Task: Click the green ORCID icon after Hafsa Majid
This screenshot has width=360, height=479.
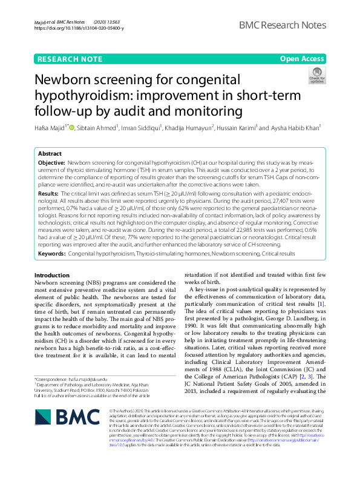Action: (73, 128)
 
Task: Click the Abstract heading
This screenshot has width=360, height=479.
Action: (50, 154)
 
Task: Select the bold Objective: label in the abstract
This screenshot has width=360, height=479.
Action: (51, 164)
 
